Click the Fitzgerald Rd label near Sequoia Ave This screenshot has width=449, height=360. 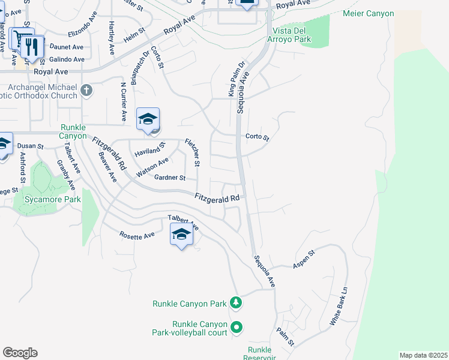pyautogui.click(x=217, y=197)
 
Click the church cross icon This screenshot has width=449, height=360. pyautogui.click(x=87, y=90)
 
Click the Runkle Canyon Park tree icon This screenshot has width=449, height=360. pyautogui.click(x=237, y=303)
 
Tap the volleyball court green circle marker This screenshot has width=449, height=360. pyautogui.click(x=237, y=328)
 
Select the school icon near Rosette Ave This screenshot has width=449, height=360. pyautogui.click(x=181, y=235)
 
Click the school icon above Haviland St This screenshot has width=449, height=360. pyautogui.click(x=147, y=119)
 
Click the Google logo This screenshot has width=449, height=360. pyautogui.click(x=20, y=353)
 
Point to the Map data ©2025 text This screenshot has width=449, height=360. pyautogui.click(x=423, y=355)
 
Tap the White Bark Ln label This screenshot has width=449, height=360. pyautogui.click(x=339, y=306)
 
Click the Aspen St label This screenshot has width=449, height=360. pyautogui.click(x=304, y=261)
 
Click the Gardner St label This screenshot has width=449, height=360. pyautogui.click(x=170, y=178)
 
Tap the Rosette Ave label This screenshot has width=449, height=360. pyautogui.click(x=137, y=236)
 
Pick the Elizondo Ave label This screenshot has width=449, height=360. pyautogui.click(x=82, y=24)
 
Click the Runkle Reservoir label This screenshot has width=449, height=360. pyautogui.click(x=260, y=353)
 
